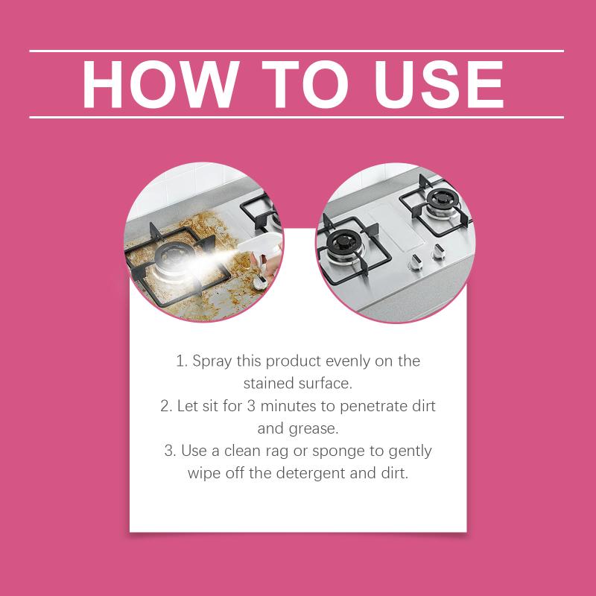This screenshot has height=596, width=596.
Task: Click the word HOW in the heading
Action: tap(161, 84)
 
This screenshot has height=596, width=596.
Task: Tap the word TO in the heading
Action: tap(305, 84)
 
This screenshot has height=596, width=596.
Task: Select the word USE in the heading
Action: tap(439, 84)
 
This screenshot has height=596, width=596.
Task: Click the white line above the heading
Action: tap(297, 51)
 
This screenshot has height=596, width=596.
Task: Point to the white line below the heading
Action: tap(297, 118)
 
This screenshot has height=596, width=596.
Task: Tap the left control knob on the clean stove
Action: tap(415, 261)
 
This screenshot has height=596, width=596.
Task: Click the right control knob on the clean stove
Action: tap(438, 252)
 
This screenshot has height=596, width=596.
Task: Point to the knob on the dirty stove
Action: tap(260, 283)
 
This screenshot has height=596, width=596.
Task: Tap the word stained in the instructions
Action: tap(268, 384)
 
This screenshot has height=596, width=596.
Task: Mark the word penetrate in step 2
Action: tap(372, 407)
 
